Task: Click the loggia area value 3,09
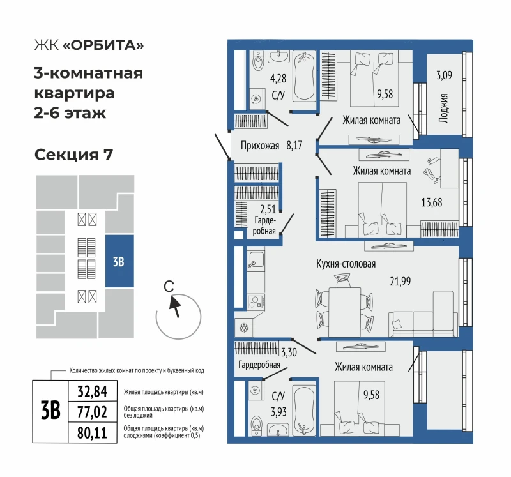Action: pos(444,75)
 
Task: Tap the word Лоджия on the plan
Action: pos(443,108)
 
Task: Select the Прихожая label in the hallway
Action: pos(260,146)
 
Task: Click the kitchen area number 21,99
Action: pos(400,281)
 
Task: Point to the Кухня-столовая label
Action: pos(346,264)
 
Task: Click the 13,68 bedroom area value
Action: pos(432,202)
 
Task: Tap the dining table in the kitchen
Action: pos(345,312)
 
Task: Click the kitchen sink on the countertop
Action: pos(256,260)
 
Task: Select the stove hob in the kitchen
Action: pos(256,301)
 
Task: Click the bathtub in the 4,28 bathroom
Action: pos(305,76)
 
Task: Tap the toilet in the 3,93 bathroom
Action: pos(257,425)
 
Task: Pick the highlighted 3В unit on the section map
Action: pos(119,261)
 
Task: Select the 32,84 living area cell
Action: pos(93,391)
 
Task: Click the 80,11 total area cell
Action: pos(93,433)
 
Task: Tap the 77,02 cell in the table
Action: pos(93,412)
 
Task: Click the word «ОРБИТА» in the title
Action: pos(103,45)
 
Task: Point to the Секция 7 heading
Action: pos(73,155)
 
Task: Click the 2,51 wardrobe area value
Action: pos(268,209)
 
